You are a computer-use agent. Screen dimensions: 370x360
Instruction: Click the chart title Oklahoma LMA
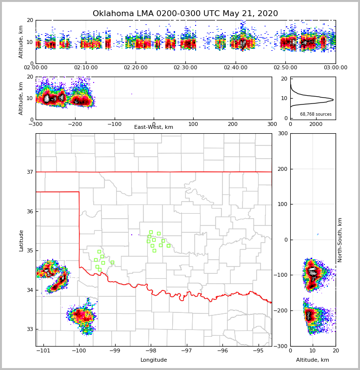(x=185, y=14)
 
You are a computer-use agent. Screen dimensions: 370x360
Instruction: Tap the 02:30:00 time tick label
(x=185, y=68)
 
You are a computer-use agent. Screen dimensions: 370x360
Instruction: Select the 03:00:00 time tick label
(x=335, y=68)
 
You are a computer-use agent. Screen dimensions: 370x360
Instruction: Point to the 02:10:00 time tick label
(x=85, y=68)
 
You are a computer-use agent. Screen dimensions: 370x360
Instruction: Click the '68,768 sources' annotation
(x=316, y=114)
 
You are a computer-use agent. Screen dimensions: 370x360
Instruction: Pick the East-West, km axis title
(x=154, y=127)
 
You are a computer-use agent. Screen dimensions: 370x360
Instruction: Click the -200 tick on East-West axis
(x=75, y=124)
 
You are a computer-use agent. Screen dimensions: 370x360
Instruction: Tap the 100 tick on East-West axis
(x=193, y=124)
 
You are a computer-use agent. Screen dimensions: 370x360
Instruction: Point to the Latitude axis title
(x=21, y=240)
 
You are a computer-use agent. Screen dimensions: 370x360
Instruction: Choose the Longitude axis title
(x=154, y=360)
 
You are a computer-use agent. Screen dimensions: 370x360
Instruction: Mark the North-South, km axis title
(x=340, y=240)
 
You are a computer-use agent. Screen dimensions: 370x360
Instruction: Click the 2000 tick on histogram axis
(x=316, y=124)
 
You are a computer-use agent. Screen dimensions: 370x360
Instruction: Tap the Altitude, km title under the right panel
(x=313, y=360)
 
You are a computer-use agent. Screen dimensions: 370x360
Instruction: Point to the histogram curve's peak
(x=333, y=100)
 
